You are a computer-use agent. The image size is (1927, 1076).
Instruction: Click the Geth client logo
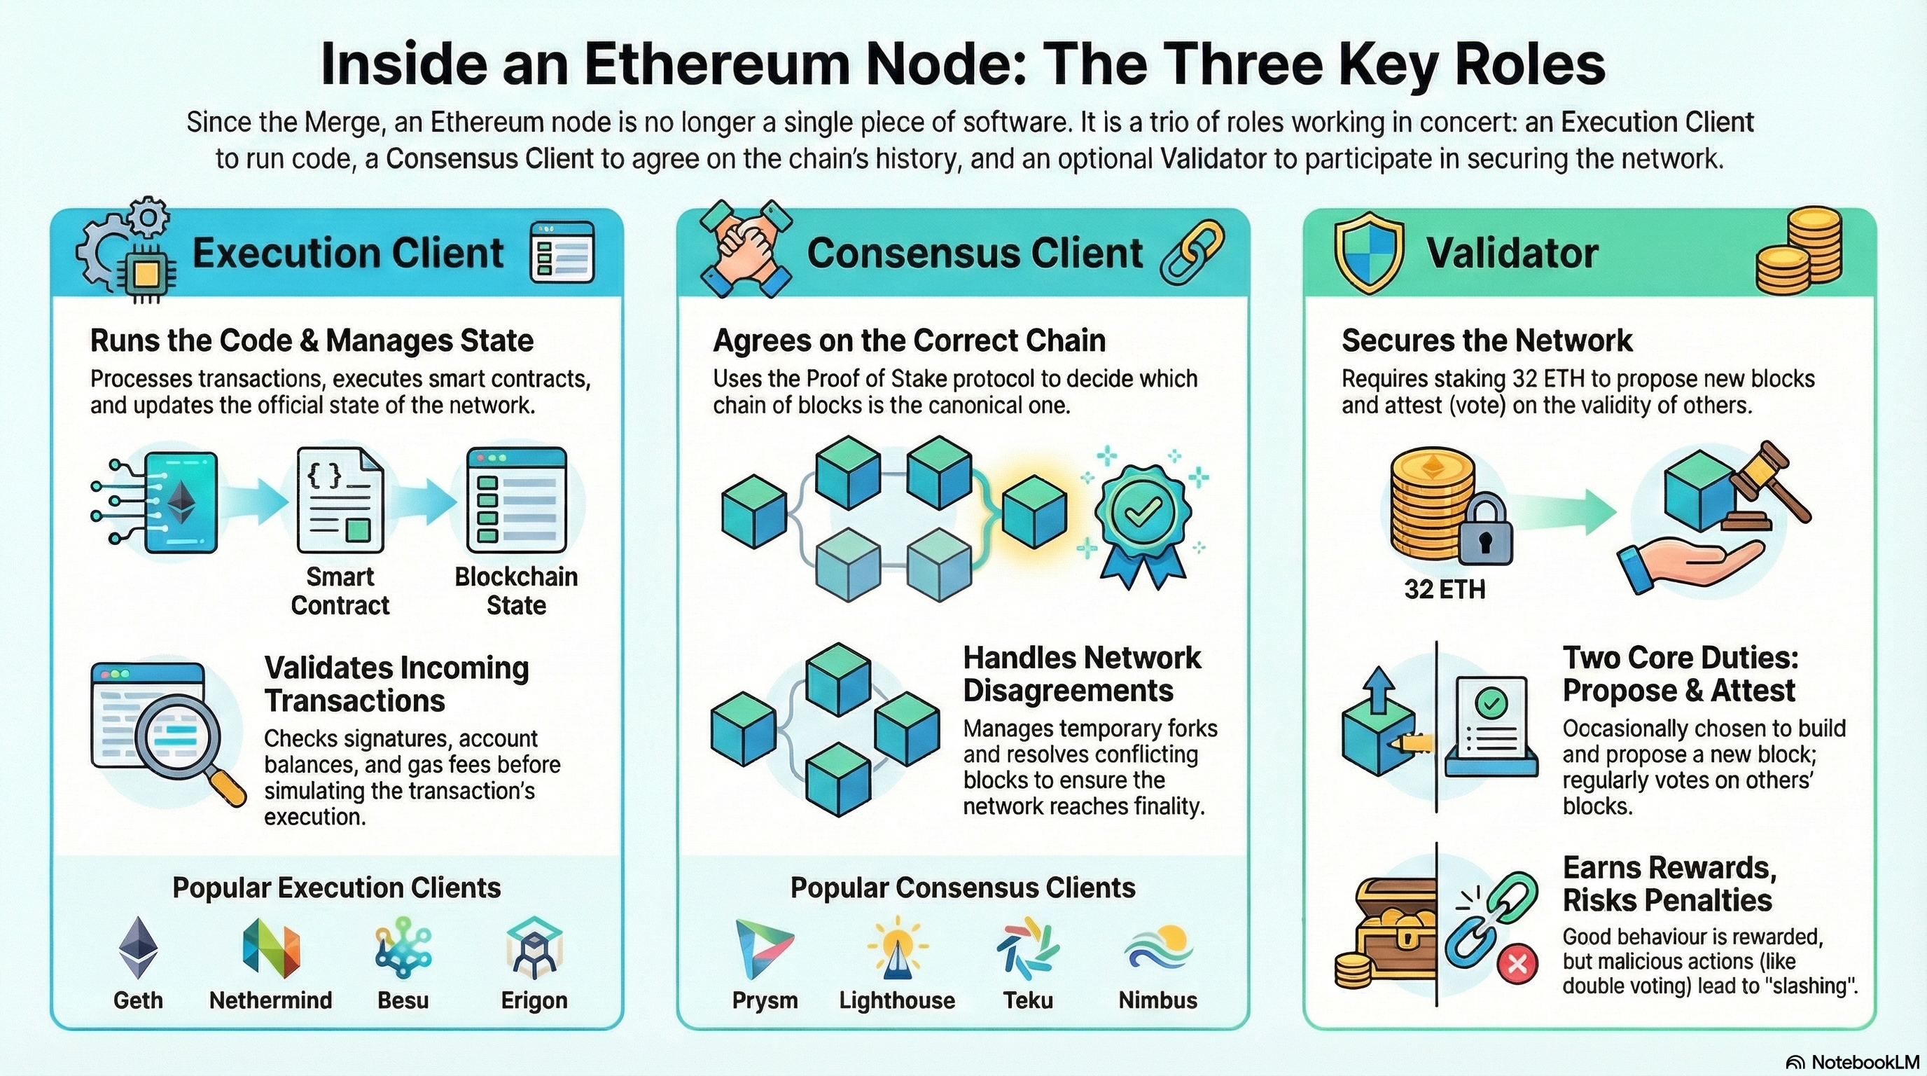pyautogui.click(x=139, y=948)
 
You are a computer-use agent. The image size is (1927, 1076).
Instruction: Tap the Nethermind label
pyautogui.click(x=271, y=1000)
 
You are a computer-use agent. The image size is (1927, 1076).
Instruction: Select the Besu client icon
pyautogui.click(x=403, y=948)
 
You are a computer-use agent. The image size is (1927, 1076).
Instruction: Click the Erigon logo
pyautogui.click(x=534, y=948)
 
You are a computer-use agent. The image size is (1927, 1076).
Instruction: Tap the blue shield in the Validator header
pyautogui.click(x=1369, y=253)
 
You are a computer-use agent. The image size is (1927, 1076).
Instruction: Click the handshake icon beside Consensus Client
pyautogui.click(x=745, y=250)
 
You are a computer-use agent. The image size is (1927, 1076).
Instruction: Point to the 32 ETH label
pyautogui.click(x=1445, y=590)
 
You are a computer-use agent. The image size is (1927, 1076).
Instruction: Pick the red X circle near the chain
pyautogui.click(x=1517, y=963)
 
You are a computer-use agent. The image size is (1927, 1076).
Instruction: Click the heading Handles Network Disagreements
pyautogui.click(x=1082, y=674)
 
